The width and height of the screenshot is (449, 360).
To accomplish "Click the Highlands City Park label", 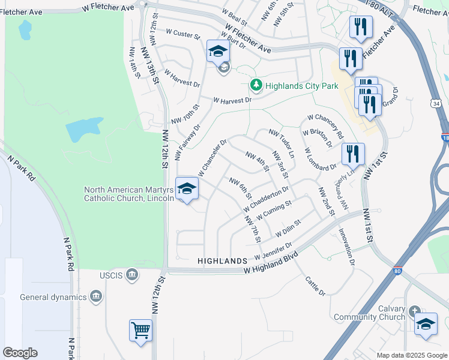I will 303,86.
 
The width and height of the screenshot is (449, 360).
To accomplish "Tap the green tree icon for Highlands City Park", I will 256,86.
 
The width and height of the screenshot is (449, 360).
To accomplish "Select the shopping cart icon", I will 140,329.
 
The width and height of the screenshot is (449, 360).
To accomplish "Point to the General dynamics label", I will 53,296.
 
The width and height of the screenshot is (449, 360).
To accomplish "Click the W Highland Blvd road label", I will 271,265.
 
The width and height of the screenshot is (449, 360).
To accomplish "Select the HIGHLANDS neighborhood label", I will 222,261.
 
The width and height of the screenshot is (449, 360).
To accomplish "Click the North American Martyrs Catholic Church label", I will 128,194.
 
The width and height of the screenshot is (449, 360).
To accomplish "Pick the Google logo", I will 20,353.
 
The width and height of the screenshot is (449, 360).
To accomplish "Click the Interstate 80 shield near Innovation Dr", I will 397,272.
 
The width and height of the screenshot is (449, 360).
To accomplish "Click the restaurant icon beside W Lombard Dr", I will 352,154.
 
